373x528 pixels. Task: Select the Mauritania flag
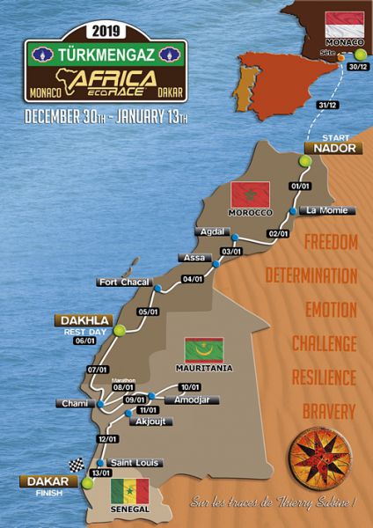coord(204,349)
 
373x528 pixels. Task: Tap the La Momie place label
coord(326,210)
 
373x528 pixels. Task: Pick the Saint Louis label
coord(131,462)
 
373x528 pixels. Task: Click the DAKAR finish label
coord(41,481)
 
